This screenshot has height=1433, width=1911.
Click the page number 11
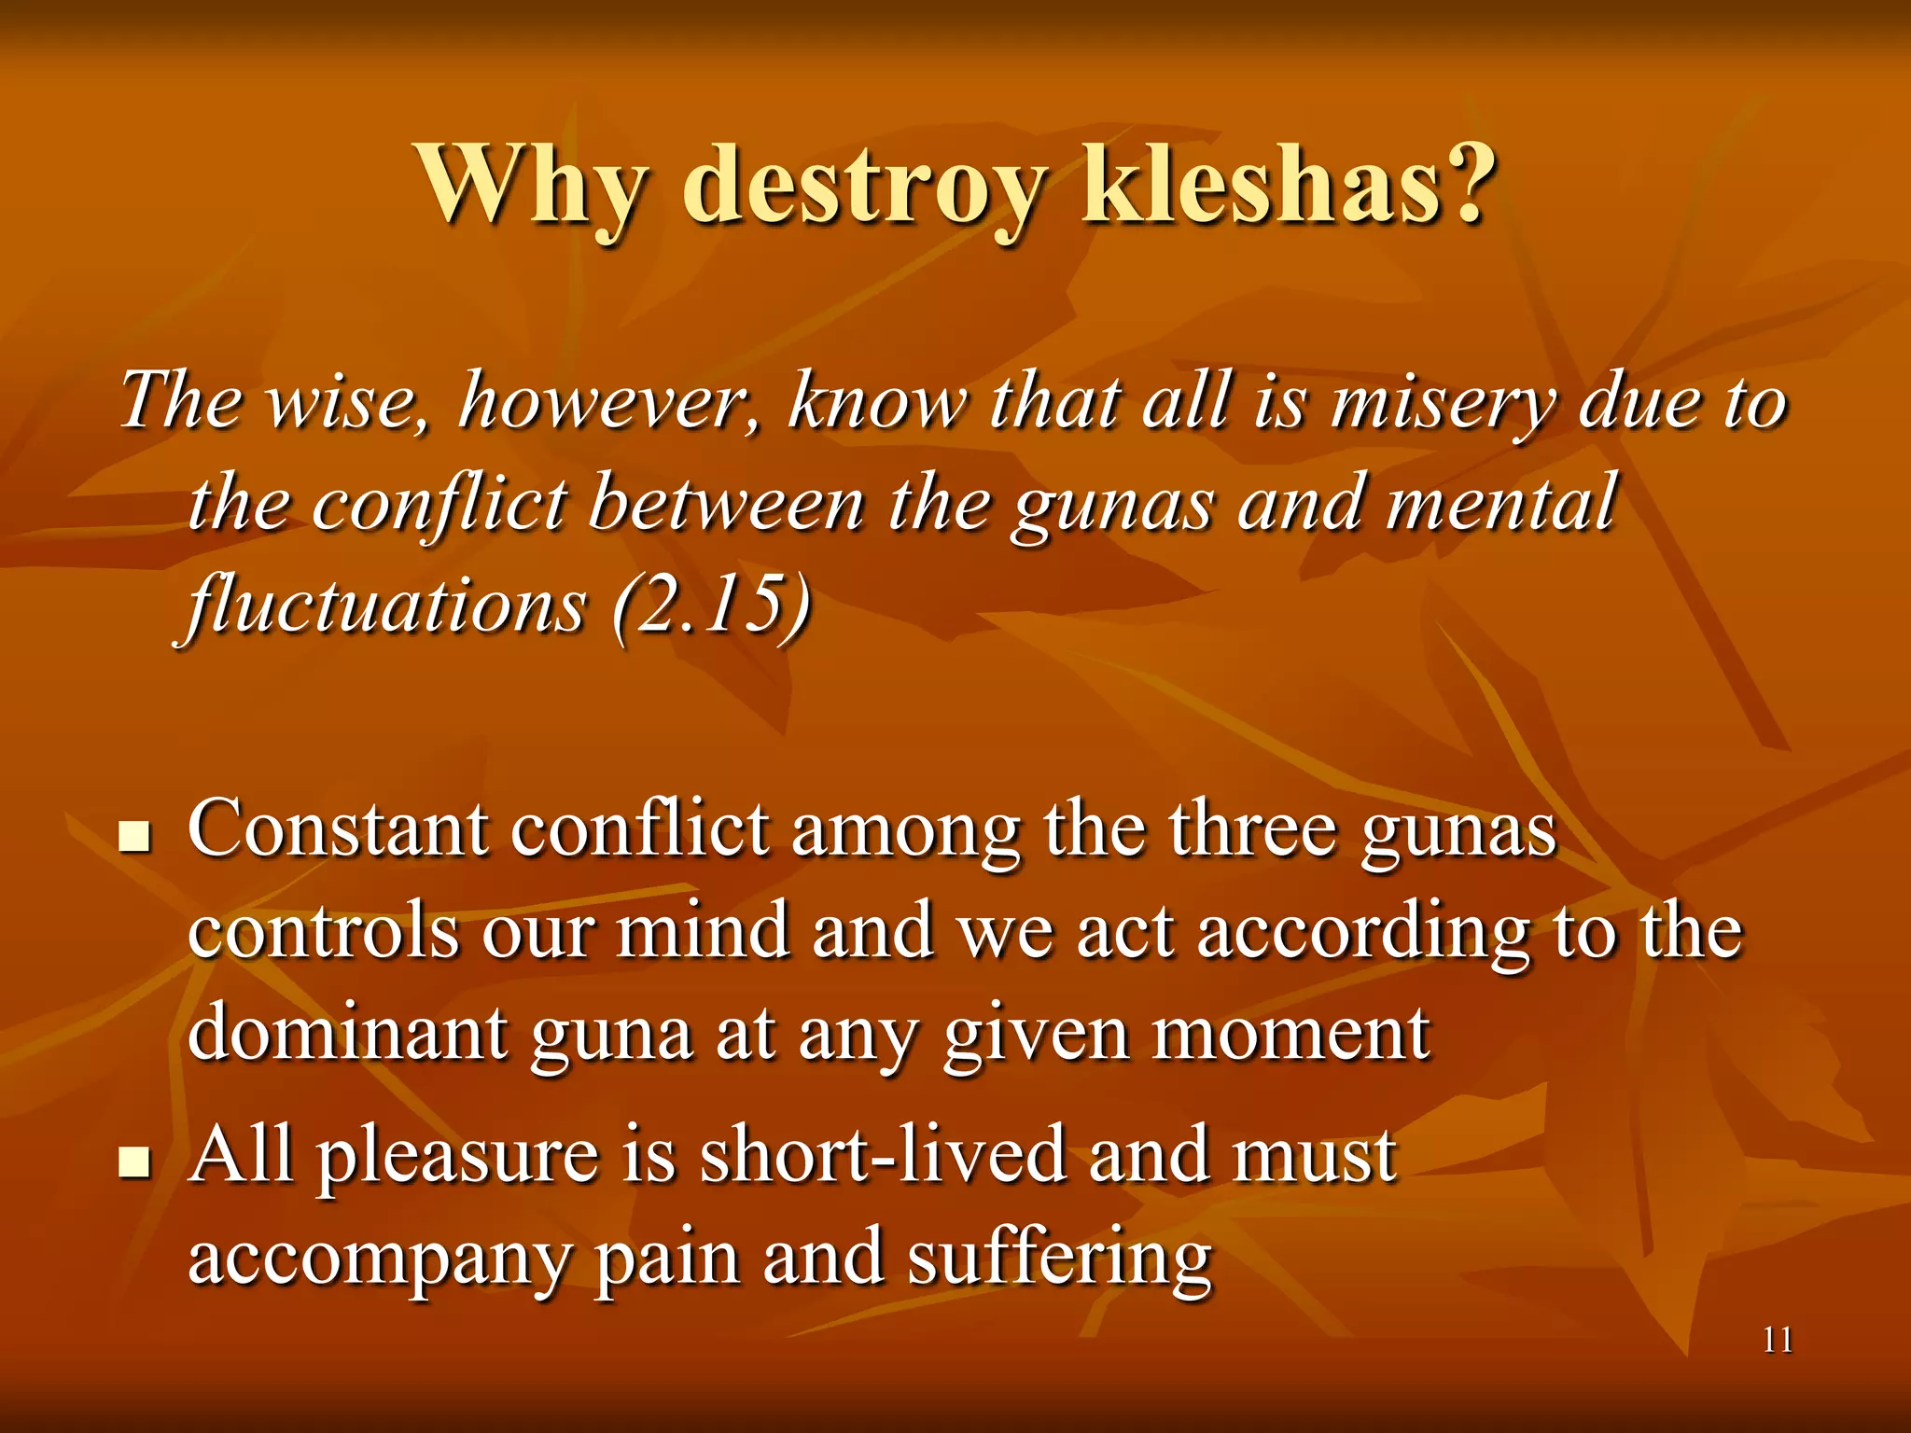tap(1778, 1341)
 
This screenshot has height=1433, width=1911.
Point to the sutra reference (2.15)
tap(712, 605)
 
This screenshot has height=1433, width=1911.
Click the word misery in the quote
tap(1443, 401)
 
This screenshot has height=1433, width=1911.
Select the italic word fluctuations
tap(387, 605)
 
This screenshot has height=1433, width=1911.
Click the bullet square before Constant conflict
tap(135, 836)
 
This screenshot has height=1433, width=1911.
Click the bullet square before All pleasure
tap(135, 1162)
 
